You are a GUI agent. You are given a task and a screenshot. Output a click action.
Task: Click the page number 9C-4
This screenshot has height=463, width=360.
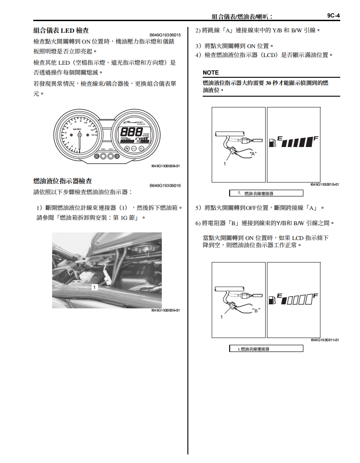[x=333, y=16]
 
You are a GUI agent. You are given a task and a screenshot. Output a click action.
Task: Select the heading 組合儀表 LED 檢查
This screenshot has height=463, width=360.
[x=61, y=31]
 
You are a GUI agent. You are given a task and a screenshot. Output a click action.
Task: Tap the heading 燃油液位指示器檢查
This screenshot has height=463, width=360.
[x=63, y=181]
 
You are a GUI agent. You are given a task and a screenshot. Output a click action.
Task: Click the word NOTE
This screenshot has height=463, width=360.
[x=211, y=72]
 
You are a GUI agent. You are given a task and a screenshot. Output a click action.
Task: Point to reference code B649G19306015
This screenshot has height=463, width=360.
[x=165, y=35]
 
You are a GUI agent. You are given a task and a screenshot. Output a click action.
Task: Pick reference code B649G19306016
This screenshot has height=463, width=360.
[x=165, y=186]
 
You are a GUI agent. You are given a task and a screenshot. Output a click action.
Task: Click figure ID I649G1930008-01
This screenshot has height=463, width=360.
[x=165, y=166]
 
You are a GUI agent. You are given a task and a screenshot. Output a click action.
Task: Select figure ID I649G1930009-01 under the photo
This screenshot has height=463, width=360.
[x=165, y=310]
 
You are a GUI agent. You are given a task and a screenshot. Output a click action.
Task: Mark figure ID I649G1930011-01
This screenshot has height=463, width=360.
[x=324, y=340]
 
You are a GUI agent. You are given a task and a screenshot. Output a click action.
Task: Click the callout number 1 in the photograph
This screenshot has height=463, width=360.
[x=95, y=286]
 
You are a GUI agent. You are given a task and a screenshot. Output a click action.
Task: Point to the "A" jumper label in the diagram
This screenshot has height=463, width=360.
[x=253, y=154]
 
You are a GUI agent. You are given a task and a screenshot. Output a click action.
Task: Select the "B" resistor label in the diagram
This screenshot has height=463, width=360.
[x=256, y=310]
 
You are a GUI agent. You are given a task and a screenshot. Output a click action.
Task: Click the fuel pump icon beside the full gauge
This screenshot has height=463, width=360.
[x=271, y=143]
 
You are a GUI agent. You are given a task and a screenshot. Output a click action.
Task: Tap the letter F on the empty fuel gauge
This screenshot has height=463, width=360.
[x=316, y=295]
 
